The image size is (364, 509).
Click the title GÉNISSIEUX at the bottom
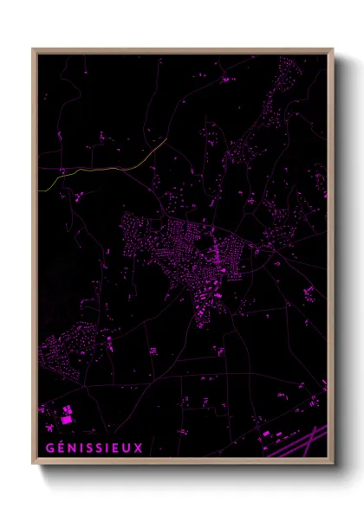coord(93,448)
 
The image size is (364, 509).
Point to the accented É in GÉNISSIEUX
coord(59,448)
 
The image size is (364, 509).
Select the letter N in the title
coord(70,448)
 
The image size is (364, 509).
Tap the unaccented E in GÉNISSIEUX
coord(116,448)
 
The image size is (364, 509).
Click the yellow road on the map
coord(104,164)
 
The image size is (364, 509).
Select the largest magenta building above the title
coord(66,420)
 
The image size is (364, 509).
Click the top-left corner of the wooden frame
coord(34,49)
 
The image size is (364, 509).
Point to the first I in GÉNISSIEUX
coord(80,448)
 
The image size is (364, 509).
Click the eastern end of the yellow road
coord(166,139)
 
